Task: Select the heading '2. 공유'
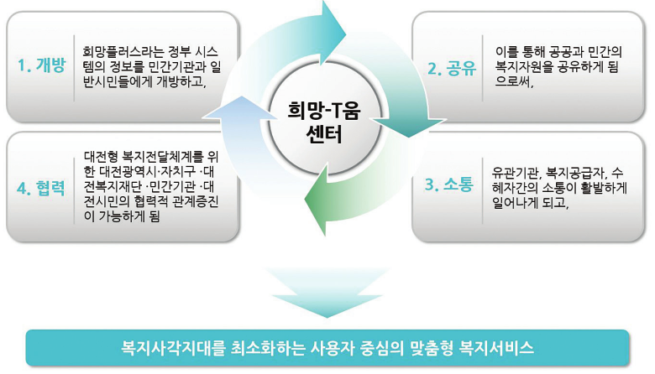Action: pyautogui.click(x=451, y=69)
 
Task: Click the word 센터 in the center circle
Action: pyautogui.click(x=327, y=134)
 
